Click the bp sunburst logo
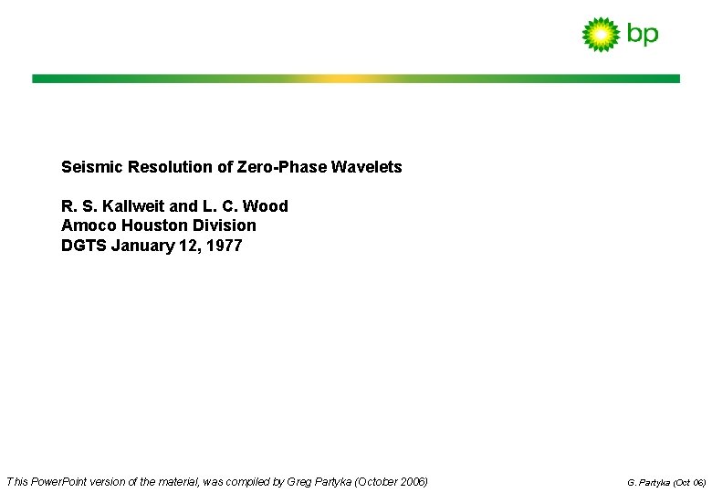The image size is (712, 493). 601,34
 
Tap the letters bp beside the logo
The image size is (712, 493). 643,35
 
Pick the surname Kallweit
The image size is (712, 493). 133,206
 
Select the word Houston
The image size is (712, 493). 152,226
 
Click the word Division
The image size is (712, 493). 224,226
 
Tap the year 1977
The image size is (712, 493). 224,246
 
